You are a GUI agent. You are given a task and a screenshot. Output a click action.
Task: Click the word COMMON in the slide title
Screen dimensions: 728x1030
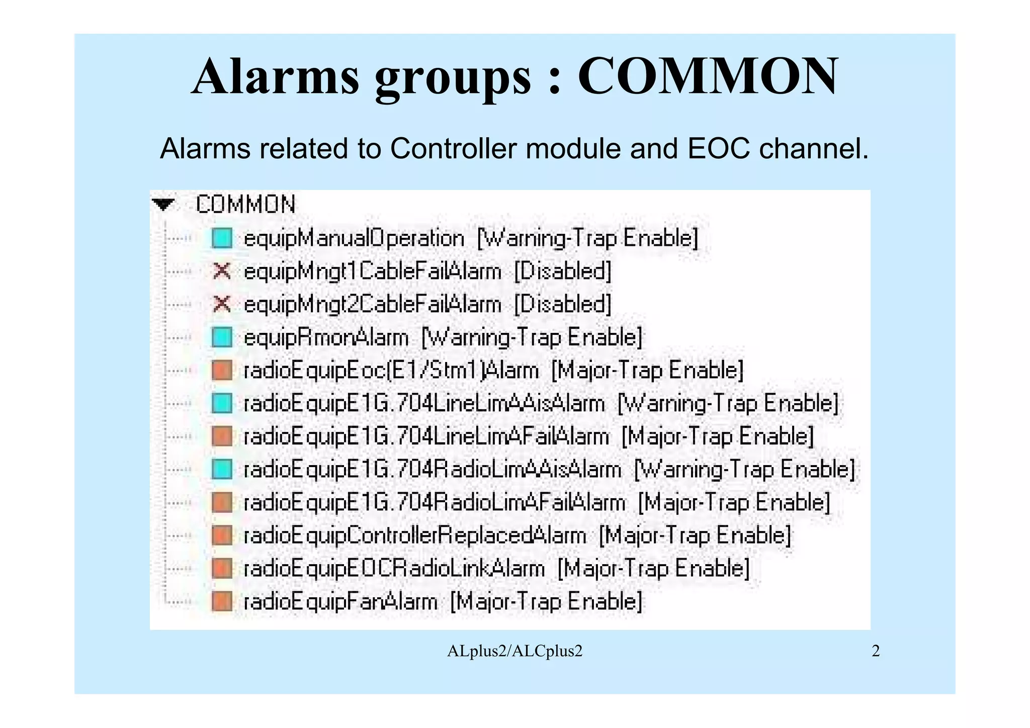click(x=708, y=77)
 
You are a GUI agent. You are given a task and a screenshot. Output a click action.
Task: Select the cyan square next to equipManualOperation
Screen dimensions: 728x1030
click(x=222, y=238)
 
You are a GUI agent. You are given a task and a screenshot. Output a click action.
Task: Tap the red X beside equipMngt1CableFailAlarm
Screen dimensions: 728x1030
click(x=222, y=271)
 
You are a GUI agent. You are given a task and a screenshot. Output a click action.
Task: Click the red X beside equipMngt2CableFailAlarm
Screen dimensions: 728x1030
click(x=222, y=304)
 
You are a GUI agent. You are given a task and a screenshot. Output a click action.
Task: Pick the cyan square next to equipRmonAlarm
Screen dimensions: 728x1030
click(x=222, y=337)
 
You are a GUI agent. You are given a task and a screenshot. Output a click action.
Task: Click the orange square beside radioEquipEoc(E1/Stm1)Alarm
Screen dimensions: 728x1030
click(x=222, y=371)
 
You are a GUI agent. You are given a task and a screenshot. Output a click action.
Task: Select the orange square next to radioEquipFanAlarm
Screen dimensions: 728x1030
click(x=222, y=602)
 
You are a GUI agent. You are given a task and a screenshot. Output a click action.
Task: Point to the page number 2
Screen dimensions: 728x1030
click(x=876, y=651)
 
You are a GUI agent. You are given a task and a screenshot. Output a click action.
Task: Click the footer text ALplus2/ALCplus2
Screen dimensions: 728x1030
click(x=514, y=651)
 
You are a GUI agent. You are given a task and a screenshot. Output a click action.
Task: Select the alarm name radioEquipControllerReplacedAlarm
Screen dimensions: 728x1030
click(x=415, y=535)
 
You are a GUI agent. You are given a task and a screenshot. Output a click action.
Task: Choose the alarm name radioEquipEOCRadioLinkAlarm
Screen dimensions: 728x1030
click(x=394, y=569)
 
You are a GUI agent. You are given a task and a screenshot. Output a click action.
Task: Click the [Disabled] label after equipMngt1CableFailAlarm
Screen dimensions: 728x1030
click(x=563, y=271)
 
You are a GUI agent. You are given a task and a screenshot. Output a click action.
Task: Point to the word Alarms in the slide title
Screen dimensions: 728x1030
click(x=276, y=77)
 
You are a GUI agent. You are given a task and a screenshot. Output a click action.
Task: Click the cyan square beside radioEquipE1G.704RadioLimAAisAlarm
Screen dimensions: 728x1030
click(x=222, y=470)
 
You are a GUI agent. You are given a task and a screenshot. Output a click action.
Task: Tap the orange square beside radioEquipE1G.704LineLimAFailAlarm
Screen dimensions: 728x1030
click(x=222, y=436)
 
